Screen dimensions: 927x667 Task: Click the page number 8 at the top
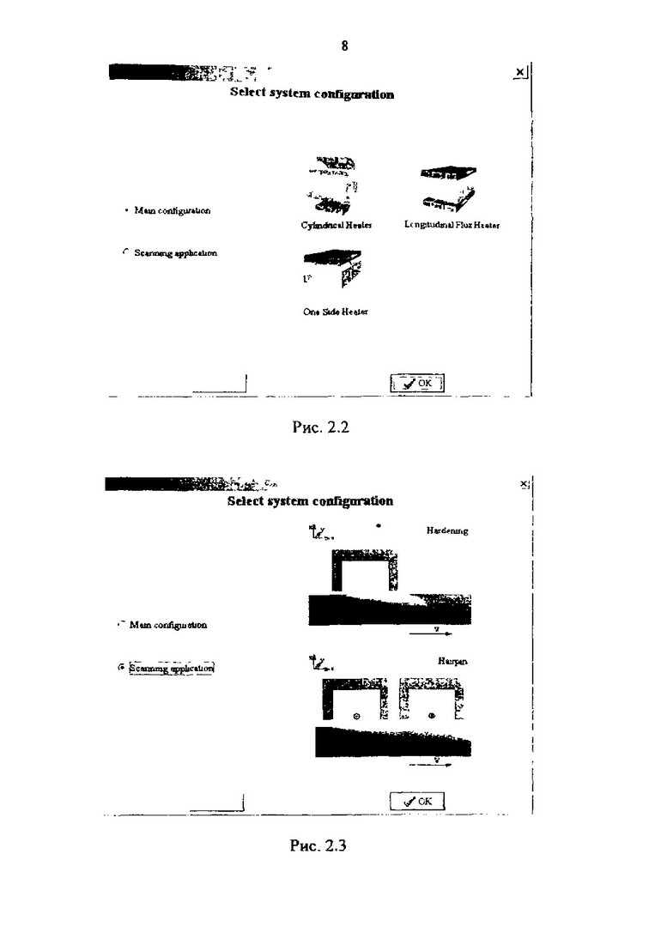pos(344,46)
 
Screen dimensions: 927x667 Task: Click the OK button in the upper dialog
pos(417,383)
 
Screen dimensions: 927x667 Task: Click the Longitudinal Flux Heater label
pos(452,225)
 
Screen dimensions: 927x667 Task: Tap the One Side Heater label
pos(335,312)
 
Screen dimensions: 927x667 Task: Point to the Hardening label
pos(447,531)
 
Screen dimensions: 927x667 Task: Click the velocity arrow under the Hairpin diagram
pos(432,762)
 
